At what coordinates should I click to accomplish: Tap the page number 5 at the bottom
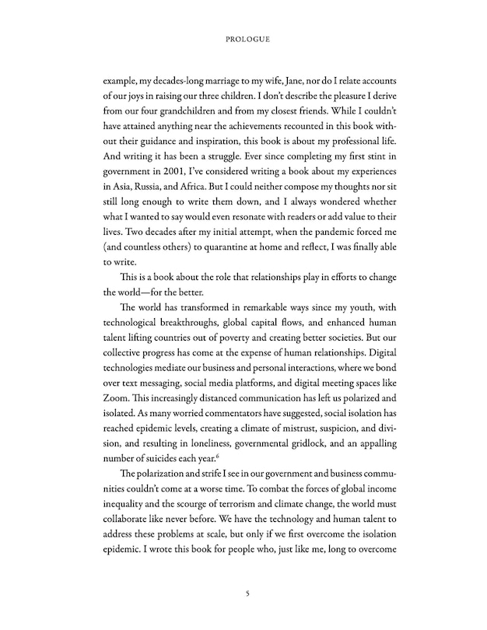coord(246,593)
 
